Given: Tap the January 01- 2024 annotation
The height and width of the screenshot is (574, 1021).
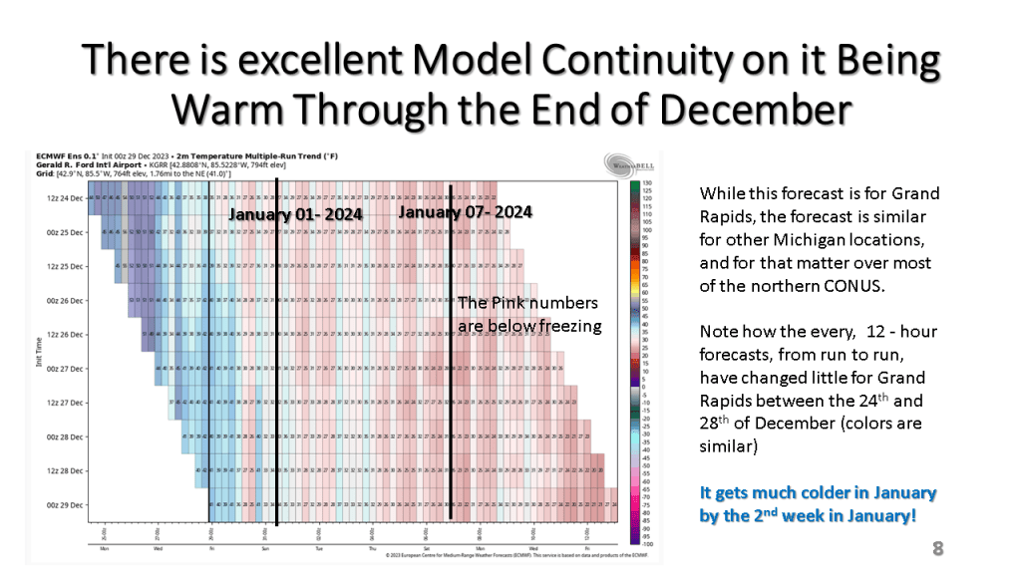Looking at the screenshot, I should [295, 214].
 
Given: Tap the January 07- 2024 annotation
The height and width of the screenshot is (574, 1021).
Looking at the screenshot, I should [465, 212].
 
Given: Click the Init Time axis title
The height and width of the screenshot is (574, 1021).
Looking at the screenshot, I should [38, 351].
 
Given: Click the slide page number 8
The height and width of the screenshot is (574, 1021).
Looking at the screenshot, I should [937, 548].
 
